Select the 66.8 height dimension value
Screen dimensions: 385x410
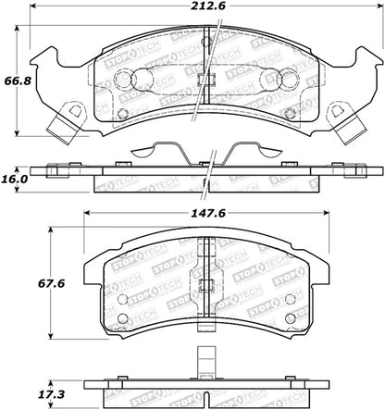pos(18,81)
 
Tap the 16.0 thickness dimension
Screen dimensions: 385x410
pos(15,179)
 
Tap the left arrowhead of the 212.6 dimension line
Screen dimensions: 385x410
pos(33,6)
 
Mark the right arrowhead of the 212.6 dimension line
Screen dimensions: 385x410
pos(379,6)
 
